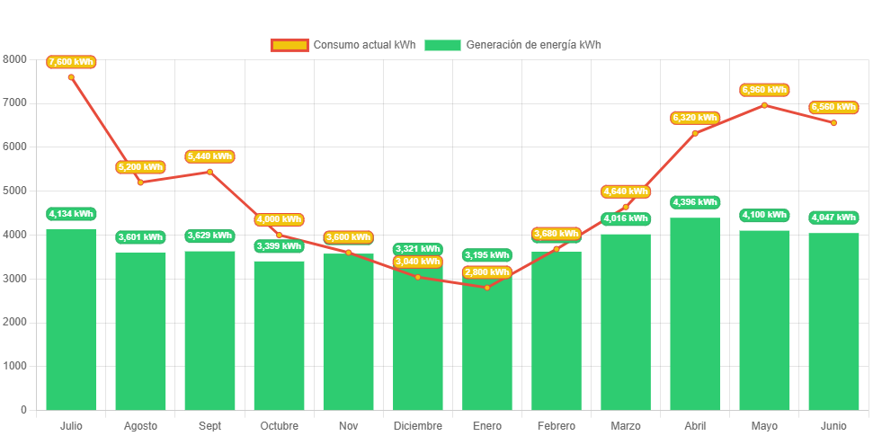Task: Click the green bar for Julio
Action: tap(71, 319)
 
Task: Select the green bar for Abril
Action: tap(695, 314)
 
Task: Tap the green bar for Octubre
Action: tap(279, 335)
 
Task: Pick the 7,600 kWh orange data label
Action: tap(71, 62)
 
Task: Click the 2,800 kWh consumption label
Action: tap(487, 272)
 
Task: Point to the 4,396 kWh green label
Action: tap(695, 202)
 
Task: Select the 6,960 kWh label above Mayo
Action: tap(764, 90)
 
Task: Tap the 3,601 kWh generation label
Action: tap(140, 237)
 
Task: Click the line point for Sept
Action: tap(209, 172)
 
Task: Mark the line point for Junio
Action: tap(833, 122)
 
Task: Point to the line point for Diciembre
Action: tap(417, 277)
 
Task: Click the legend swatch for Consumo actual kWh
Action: tap(290, 45)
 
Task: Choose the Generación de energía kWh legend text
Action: tap(534, 45)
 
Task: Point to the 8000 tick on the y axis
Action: tap(15, 59)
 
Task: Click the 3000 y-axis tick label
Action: tap(15, 279)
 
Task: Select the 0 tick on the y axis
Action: tap(23, 410)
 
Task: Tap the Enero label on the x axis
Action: tap(487, 426)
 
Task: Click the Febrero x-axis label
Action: tap(557, 426)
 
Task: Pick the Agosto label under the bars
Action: tap(140, 426)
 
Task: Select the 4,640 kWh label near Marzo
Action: tap(626, 191)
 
